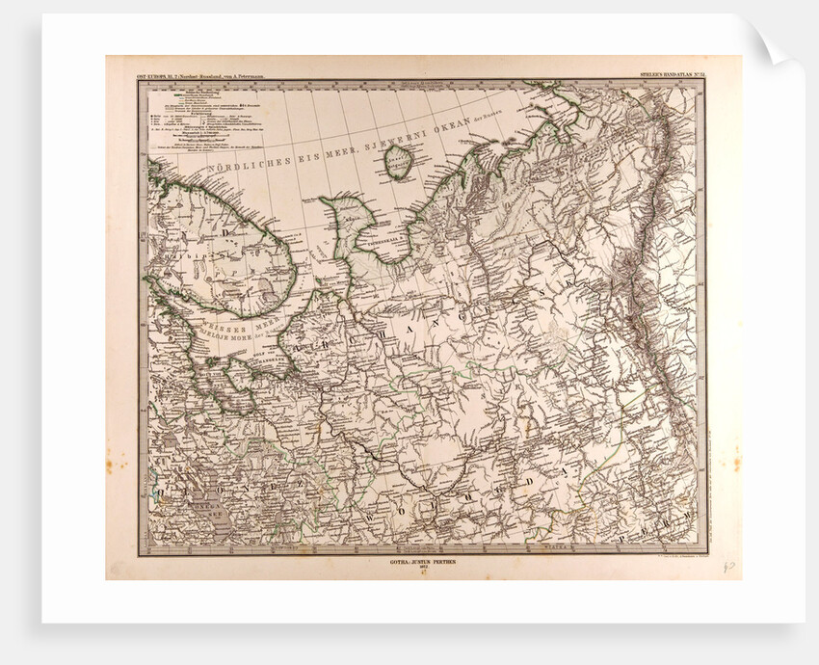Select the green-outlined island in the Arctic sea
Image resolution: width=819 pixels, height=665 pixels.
pos(399,162)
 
